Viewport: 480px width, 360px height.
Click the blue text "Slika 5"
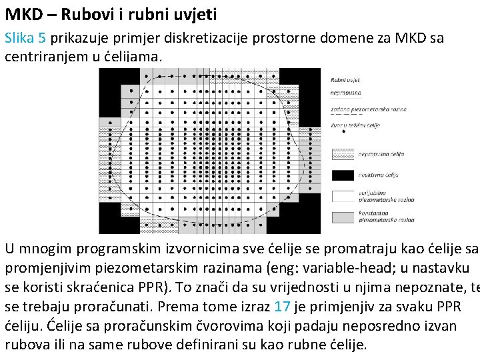(x=25, y=39)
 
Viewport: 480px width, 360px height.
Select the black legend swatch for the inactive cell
(x=343, y=175)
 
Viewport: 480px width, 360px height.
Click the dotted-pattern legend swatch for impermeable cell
(x=343, y=154)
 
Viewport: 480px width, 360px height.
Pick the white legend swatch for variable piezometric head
(x=343, y=196)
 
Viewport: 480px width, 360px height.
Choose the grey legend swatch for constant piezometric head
(x=343, y=217)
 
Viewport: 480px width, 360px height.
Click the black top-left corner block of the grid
(x=113, y=83)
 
